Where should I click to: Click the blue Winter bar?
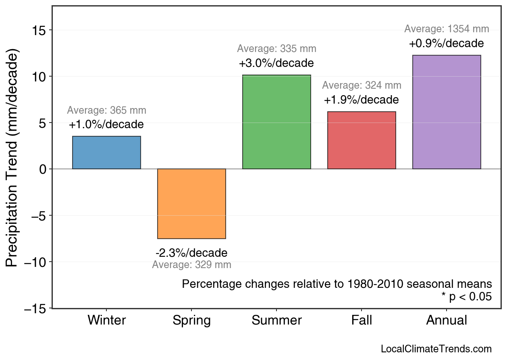[106, 152]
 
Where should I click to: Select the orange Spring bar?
[191, 204]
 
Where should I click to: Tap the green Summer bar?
[276, 122]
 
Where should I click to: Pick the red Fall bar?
[362, 140]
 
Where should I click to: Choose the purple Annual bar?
[447, 112]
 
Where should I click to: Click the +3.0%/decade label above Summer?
[276, 64]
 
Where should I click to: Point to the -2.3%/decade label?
[191, 253]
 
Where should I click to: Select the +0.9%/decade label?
[446, 44]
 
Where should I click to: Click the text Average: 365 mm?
[106, 110]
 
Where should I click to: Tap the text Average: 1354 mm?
[447, 29]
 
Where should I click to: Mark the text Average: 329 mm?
[191, 265]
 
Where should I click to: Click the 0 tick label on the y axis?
[43, 169]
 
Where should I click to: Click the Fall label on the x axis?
[362, 320]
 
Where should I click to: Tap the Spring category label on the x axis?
[191, 321]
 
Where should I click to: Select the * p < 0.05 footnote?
[466, 297]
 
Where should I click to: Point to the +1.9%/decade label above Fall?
[361, 100]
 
